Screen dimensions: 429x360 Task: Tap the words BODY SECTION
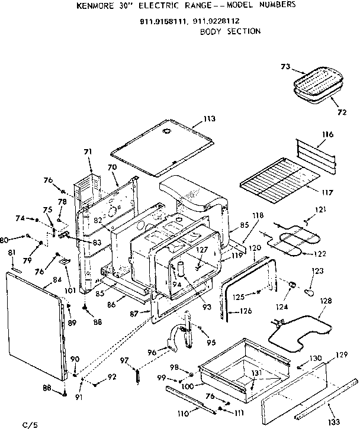coord(230,31)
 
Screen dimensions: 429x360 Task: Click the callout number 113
coord(208,120)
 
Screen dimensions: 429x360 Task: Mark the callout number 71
coord(88,153)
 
